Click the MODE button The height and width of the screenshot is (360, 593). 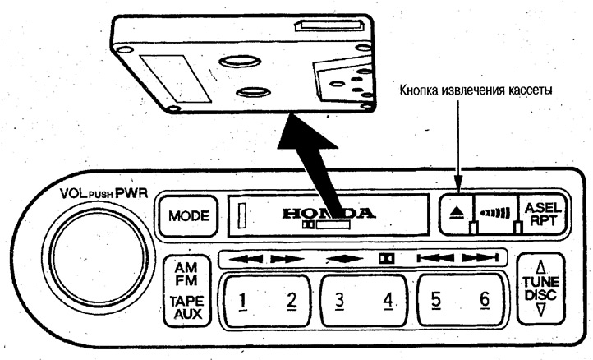pyautogui.click(x=188, y=217)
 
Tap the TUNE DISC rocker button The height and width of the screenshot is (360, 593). pyautogui.click(x=540, y=293)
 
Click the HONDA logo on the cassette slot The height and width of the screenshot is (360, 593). pyautogui.click(x=329, y=213)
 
